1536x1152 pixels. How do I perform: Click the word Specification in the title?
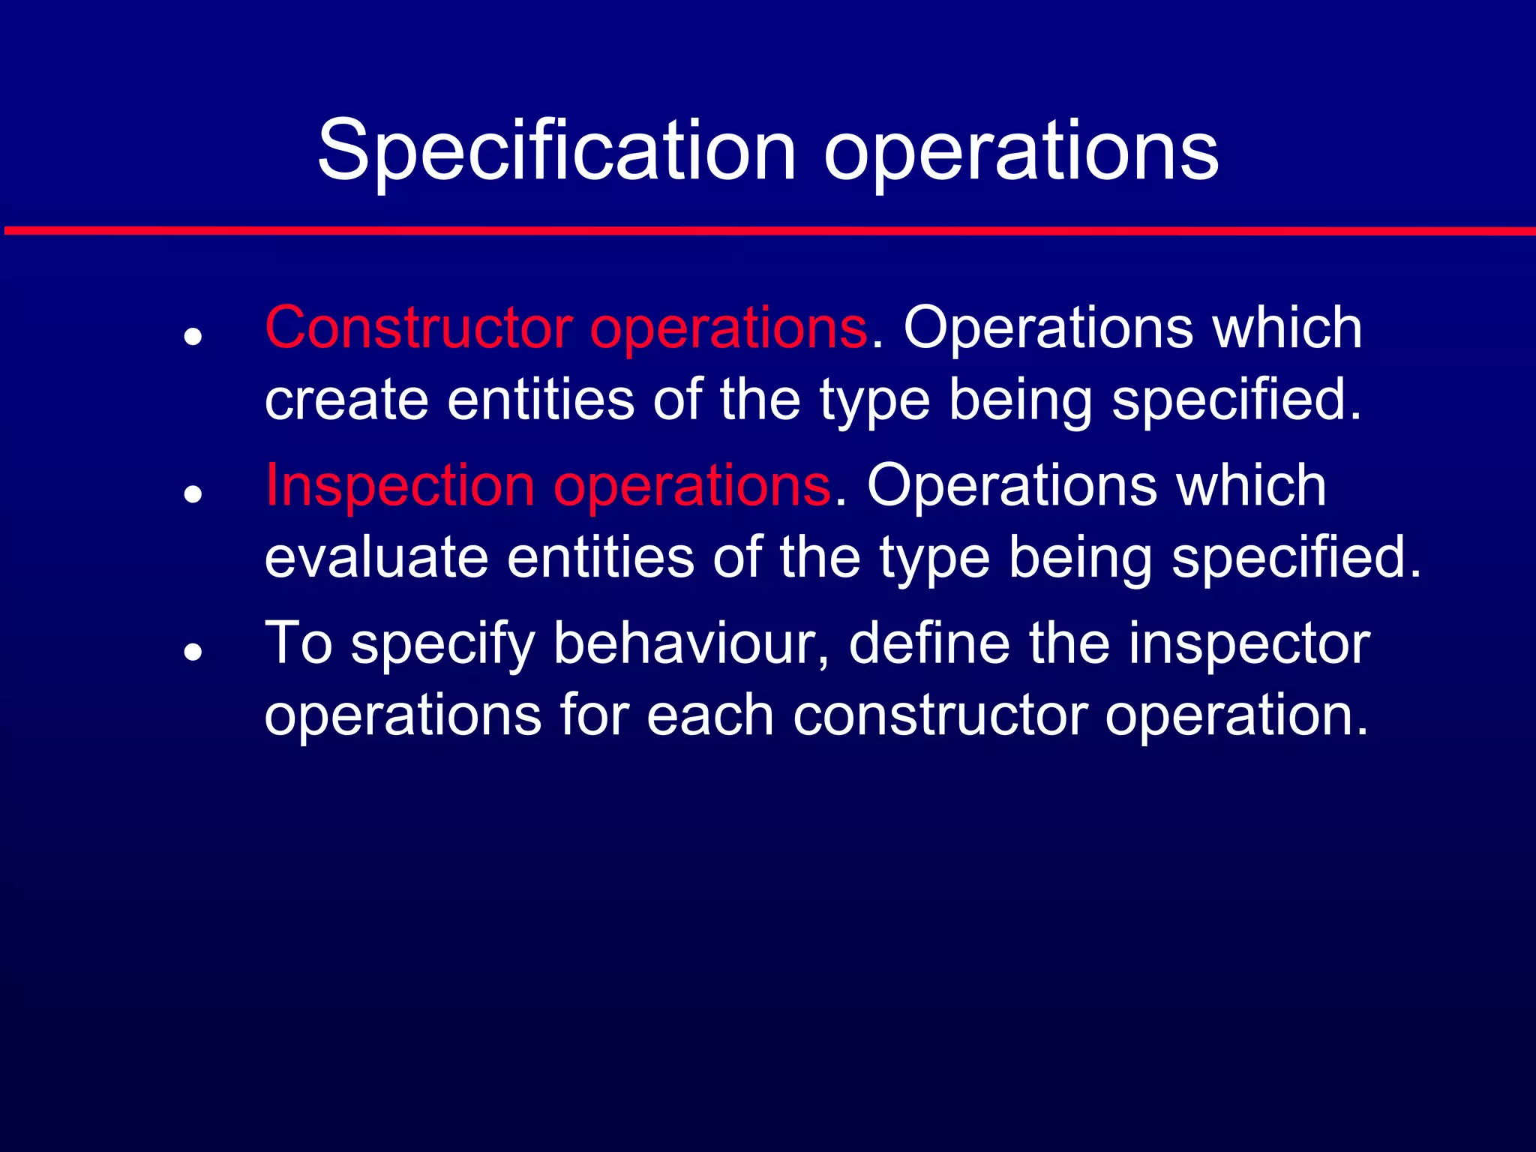click(x=556, y=152)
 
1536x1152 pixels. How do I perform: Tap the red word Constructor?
click(x=418, y=328)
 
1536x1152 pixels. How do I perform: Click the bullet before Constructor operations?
click(x=193, y=337)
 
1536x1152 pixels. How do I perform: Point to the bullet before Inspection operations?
click(x=193, y=494)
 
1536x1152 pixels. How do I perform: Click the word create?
click(x=346, y=400)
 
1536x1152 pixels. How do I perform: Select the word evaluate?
click(x=376, y=557)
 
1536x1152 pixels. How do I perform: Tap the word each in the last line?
click(x=709, y=715)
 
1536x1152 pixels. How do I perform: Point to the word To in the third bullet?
click(x=298, y=643)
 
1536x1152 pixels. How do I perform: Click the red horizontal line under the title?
click(x=768, y=230)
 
